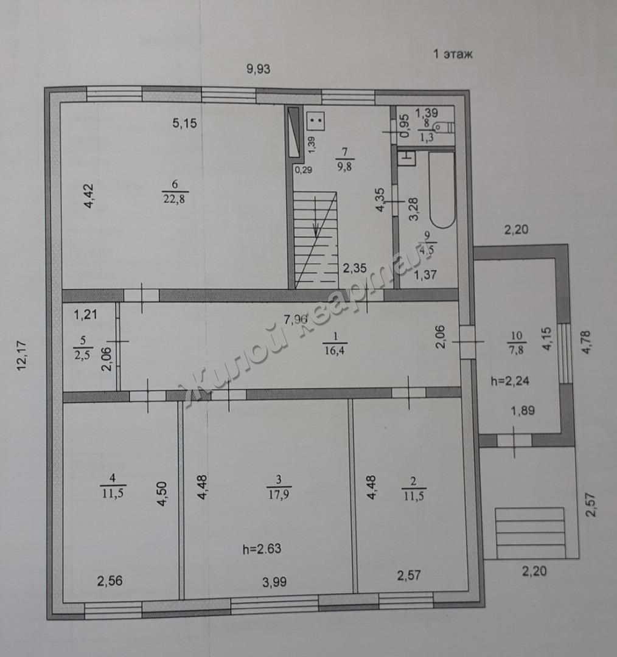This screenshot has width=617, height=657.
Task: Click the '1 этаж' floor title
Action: click(453, 54)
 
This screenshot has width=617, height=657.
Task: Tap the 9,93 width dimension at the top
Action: click(258, 69)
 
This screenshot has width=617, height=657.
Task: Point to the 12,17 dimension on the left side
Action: click(22, 355)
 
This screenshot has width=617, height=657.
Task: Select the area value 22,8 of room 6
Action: click(175, 198)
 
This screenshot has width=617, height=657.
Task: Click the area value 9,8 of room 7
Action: click(344, 166)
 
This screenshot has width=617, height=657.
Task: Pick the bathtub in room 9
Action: click(442, 189)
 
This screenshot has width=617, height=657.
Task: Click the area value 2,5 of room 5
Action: click(83, 355)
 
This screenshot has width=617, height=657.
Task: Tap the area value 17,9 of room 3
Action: click(279, 495)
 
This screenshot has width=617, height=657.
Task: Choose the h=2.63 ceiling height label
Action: click(262, 549)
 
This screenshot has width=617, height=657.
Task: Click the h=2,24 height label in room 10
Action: click(510, 381)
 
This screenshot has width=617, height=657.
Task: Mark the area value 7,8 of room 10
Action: click(517, 349)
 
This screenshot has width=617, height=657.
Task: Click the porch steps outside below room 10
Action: click(529, 532)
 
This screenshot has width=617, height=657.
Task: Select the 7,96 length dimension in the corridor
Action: click(296, 319)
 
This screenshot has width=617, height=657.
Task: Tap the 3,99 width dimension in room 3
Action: click(274, 582)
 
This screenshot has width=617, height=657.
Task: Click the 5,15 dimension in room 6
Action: click(185, 123)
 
